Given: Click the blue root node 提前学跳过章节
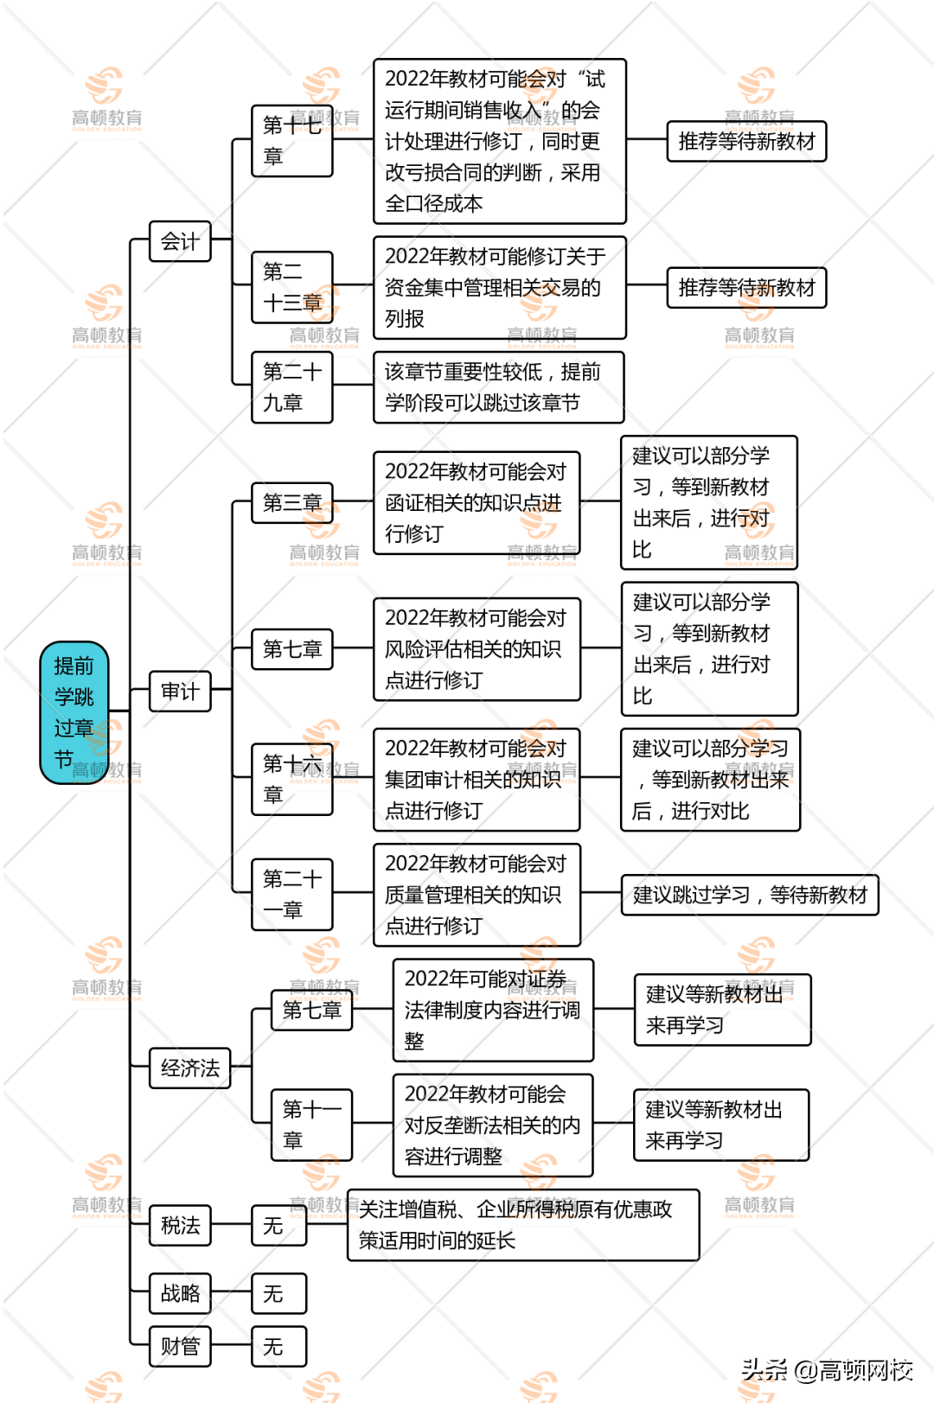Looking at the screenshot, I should coord(74,712).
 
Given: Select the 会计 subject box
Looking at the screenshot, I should coord(180,241).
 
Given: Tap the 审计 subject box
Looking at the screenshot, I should coord(180,691).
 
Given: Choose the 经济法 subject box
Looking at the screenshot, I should coord(189,1068).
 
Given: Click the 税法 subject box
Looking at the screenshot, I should coord(180,1225).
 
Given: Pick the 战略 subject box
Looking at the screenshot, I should coord(180,1293).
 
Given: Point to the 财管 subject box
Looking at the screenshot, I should coord(180,1346).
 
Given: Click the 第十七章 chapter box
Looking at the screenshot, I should coord(291,141).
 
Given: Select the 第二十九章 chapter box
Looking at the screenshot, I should coord(291,387).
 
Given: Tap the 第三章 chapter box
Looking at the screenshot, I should coord(291,502).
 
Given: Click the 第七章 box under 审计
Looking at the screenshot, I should coord(291,648).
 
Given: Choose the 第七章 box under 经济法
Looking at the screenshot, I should coord(311,1009).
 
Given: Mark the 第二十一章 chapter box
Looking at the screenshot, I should coord(291,894).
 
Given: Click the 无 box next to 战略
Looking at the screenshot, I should coord(278,1293).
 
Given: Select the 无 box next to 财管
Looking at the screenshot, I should coord(278,1346).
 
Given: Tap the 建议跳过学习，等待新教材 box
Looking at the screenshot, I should coord(749,894).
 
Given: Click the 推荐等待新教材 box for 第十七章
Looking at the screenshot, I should coord(746,141).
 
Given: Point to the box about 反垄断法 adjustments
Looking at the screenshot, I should coord(492,1125).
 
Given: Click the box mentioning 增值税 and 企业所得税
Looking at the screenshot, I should coord(522,1224).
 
